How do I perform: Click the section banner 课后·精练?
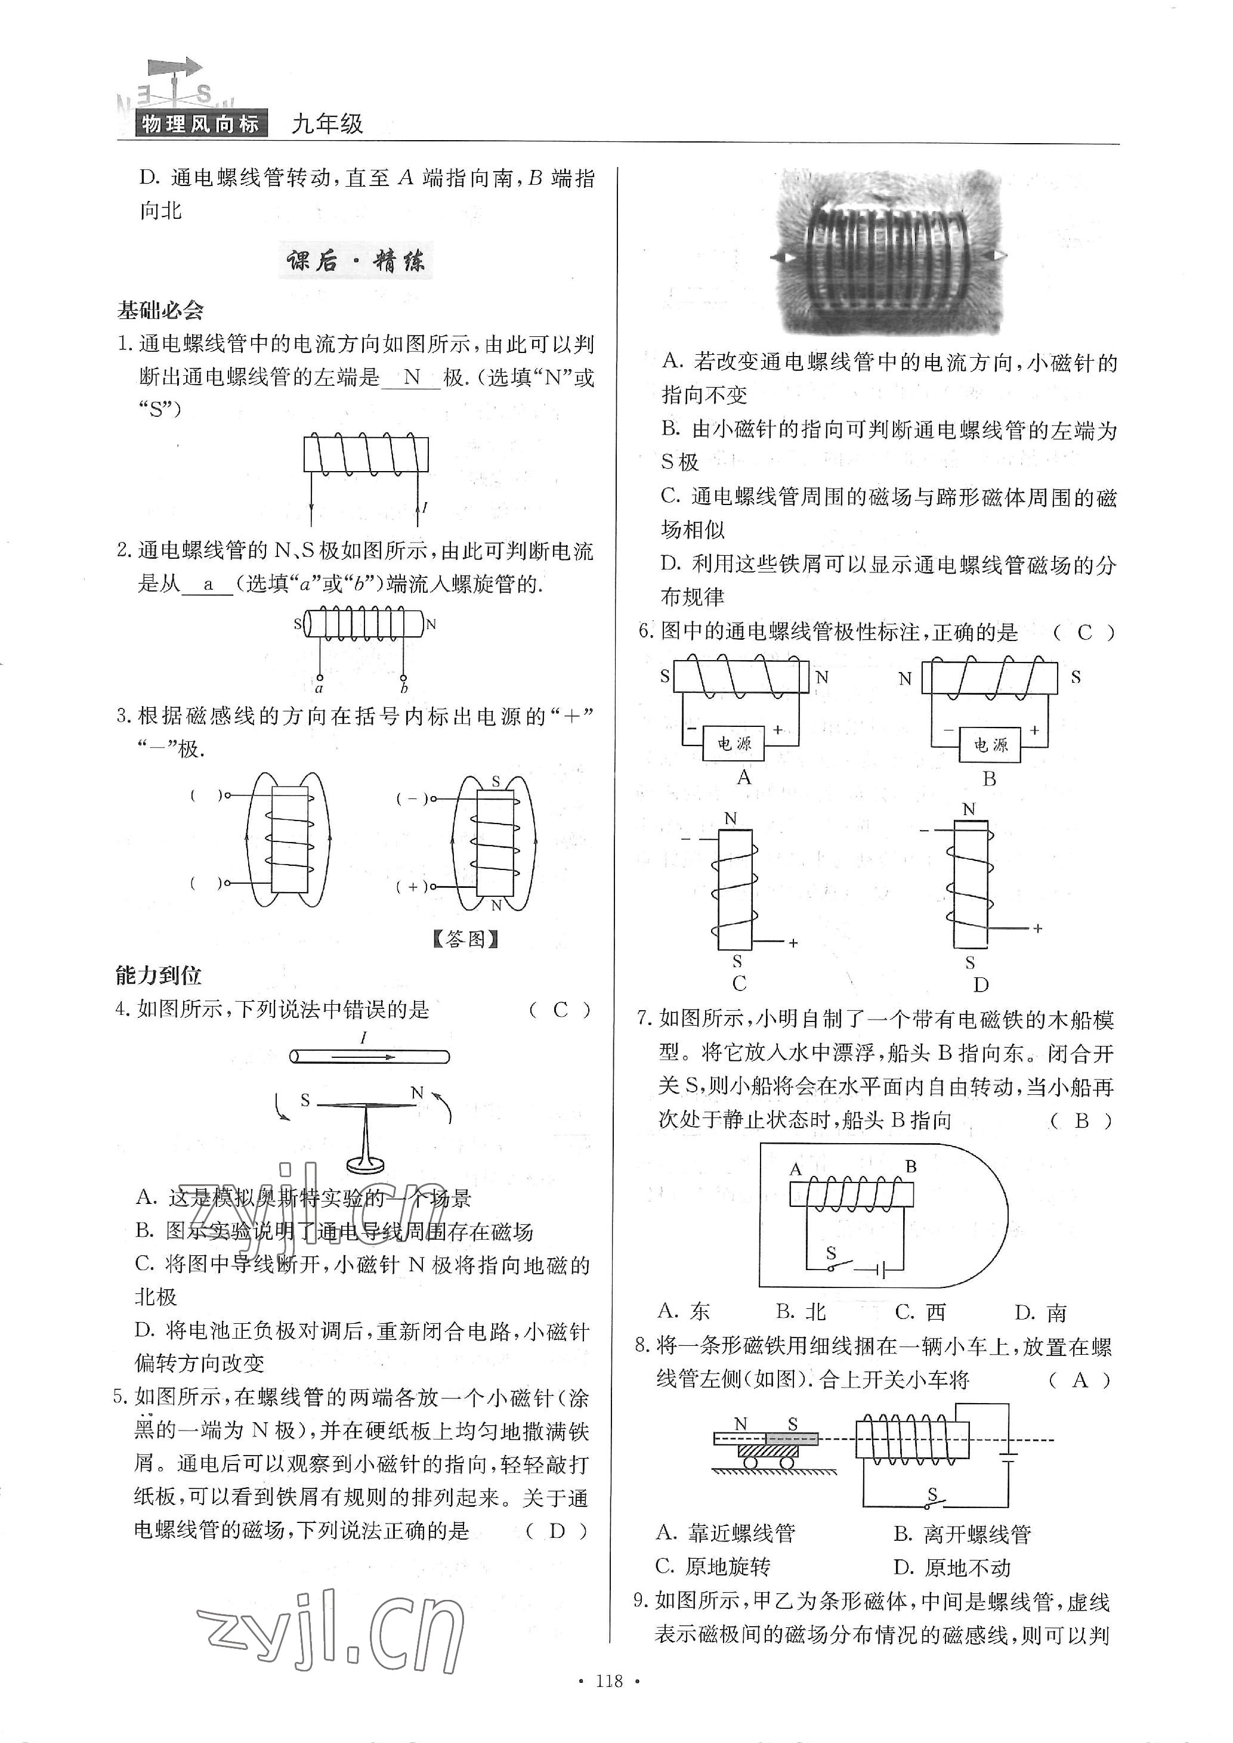pyautogui.click(x=356, y=262)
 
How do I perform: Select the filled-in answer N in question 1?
pyautogui.click(x=412, y=377)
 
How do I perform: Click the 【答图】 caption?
pyautogui.click(x=465, y=940)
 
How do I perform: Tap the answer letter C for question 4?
pyautogui.click(x=560, y=1010)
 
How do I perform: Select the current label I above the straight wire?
pyautogui.click(x=364, y=1038)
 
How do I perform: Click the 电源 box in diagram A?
pyautogui.click(x=734, y=745)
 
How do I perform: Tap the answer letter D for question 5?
pyautogui.click(x=557, y=1531)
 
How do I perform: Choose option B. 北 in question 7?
pyautogui.click(x=801, y=1312)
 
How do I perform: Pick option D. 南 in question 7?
pyautogui.click(x=1040, y=1312)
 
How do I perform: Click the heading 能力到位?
pyautogui.click(x=159, y=976)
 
